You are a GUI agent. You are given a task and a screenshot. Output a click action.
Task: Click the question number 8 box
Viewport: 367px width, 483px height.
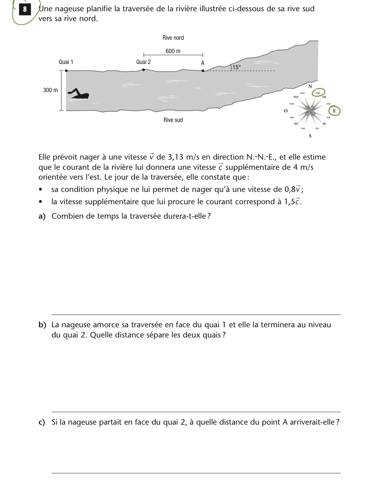point(25,9)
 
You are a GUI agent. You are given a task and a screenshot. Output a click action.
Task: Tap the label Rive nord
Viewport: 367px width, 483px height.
point(173,38)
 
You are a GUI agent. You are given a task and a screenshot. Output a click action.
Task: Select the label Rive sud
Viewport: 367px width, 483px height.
point(173,120)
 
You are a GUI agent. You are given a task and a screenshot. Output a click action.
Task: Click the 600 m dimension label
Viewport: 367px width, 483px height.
point(173,51)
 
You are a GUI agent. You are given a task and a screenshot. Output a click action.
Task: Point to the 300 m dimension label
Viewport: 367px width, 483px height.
point(50,90)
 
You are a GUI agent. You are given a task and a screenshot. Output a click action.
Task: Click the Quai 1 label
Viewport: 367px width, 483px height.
point(66,62)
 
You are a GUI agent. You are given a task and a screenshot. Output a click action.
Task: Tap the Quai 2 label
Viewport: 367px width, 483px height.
point(143,62)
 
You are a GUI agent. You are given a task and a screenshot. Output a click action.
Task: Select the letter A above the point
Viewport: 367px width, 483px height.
point(203,63)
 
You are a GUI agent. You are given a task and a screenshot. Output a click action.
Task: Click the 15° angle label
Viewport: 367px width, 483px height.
point(236,67)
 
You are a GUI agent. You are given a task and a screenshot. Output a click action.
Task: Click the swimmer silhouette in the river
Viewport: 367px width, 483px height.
point(79,94)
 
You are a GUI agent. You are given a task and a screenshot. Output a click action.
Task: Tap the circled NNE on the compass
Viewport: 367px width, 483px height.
point(318,93)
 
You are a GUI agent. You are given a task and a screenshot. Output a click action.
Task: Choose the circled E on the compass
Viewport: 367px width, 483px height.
point(334,111)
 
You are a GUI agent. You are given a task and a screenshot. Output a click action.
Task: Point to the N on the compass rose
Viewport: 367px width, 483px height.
point(310,86)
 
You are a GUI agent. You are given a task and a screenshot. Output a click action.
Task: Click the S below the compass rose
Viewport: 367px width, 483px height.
point(310,136)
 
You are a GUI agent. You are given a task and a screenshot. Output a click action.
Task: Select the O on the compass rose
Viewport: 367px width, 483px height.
point(286,111)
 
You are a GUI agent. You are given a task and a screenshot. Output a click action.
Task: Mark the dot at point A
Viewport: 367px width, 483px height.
point(203,70)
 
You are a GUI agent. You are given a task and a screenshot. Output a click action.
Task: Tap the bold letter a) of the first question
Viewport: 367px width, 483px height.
point(42,216)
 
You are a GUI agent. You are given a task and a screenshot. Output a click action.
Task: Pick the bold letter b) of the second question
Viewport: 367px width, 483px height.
point(42,325)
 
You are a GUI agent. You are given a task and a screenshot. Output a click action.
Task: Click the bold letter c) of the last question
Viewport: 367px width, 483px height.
point(42,422)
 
